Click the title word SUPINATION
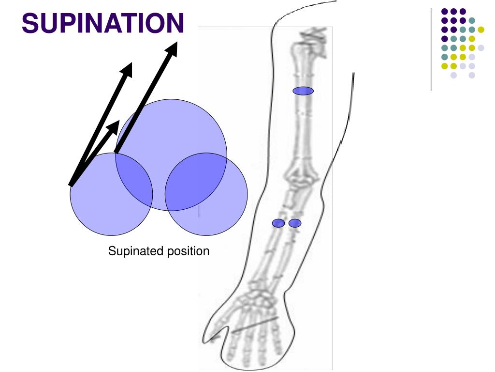(x=103, y=23)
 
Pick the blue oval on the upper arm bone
(x=303, y=91)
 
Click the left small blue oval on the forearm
(x=278, y=223)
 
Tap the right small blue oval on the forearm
(x=295, y=223)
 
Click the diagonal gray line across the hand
(x=255, y=325)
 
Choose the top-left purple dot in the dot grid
(x=444, y=11)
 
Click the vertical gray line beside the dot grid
(x=431, y=48)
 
